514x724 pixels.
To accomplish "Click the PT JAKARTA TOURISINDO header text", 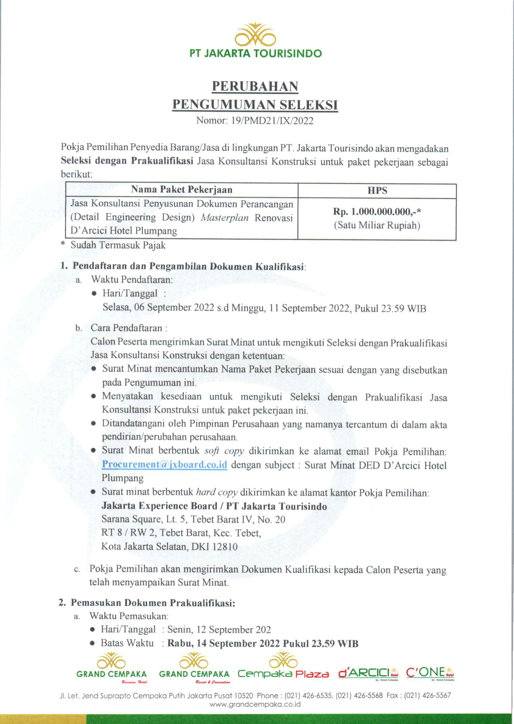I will coord(255,53).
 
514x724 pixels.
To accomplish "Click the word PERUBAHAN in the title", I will coord(255,87).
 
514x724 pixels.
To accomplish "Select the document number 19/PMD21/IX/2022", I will coord(272,121).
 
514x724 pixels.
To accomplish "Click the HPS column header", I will coord(377,190).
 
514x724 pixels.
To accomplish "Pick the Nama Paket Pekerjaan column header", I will coord(182,190).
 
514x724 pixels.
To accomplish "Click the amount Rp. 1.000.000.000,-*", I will coord(377,211).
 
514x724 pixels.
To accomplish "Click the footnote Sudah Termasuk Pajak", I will coord(118,245).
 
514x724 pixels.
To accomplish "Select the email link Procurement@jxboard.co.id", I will coord(164,464).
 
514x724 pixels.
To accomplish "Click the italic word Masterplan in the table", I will coord(225,218).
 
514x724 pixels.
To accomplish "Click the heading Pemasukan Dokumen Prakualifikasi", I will coord(153,603).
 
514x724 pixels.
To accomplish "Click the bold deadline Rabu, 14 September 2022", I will coord(224,643).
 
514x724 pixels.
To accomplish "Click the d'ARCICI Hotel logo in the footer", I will coord(368,672).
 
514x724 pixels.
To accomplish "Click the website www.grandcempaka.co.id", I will coord(255,705).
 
